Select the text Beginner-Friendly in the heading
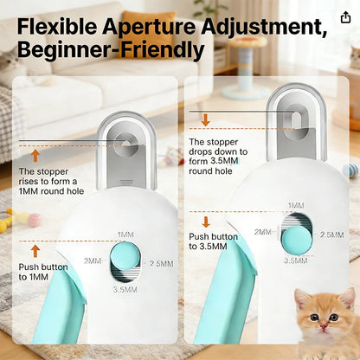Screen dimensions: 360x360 [x=111, y=49]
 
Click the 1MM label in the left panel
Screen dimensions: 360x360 [x=125, y=235]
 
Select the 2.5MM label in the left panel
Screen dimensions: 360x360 [x=163, y=263]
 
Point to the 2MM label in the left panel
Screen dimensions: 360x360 [x=92, y=260]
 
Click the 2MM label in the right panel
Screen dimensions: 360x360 [x=262, y=232]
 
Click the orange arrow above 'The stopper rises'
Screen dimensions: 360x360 [x=35, y=156]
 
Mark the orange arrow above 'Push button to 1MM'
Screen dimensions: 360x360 [x=35, y=250]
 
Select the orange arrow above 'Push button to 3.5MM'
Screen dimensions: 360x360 [x=206, y=222]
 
